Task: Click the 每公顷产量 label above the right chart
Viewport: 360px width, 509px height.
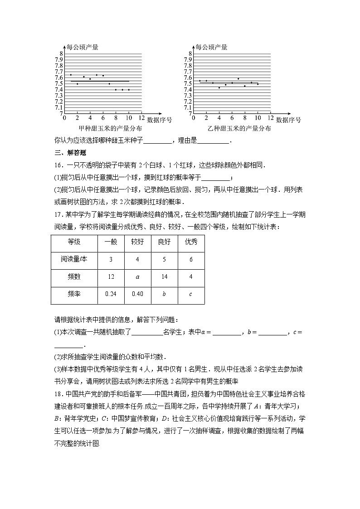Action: tap(211, 47)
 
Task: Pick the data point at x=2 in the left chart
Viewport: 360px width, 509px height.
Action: tap(77, 84)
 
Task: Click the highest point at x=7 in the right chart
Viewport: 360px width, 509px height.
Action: tap(238, 79)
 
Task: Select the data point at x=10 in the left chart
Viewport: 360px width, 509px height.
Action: tap(129, 90)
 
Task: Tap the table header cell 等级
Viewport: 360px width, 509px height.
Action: tap(74, 242)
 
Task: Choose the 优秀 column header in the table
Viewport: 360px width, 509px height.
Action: tap(191, 242)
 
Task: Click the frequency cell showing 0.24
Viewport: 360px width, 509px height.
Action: tap(111, 294)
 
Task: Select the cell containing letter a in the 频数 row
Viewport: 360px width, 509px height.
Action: tap(137, 277)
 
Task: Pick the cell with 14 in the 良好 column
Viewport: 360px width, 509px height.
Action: tap(164, 277)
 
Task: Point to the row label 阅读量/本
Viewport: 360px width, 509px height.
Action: tap(74, 260)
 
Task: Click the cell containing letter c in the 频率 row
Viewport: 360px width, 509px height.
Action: tap(191, 294)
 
